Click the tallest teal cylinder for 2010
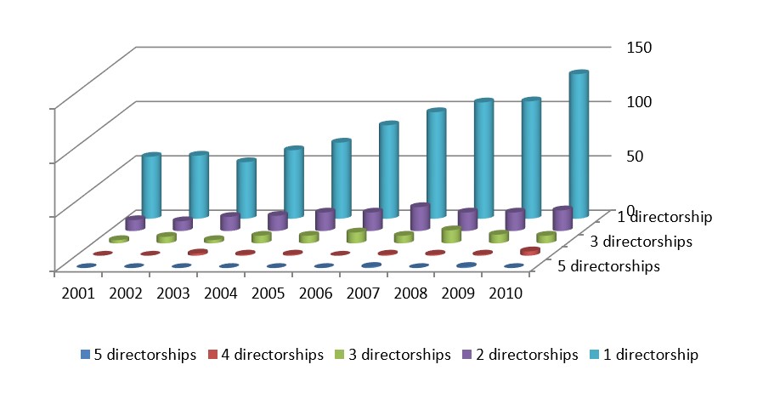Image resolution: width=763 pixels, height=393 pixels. (x=579, y=145)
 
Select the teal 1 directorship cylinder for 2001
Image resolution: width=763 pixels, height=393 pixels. (x=151, y=187)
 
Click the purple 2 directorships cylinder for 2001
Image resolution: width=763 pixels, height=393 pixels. (x=134, y=224)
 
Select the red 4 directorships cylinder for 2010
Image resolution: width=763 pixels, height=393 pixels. (x=529, y=251)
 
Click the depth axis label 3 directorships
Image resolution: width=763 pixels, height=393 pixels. (x=641, y=242)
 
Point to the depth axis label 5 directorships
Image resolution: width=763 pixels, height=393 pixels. (x=608, y=266)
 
